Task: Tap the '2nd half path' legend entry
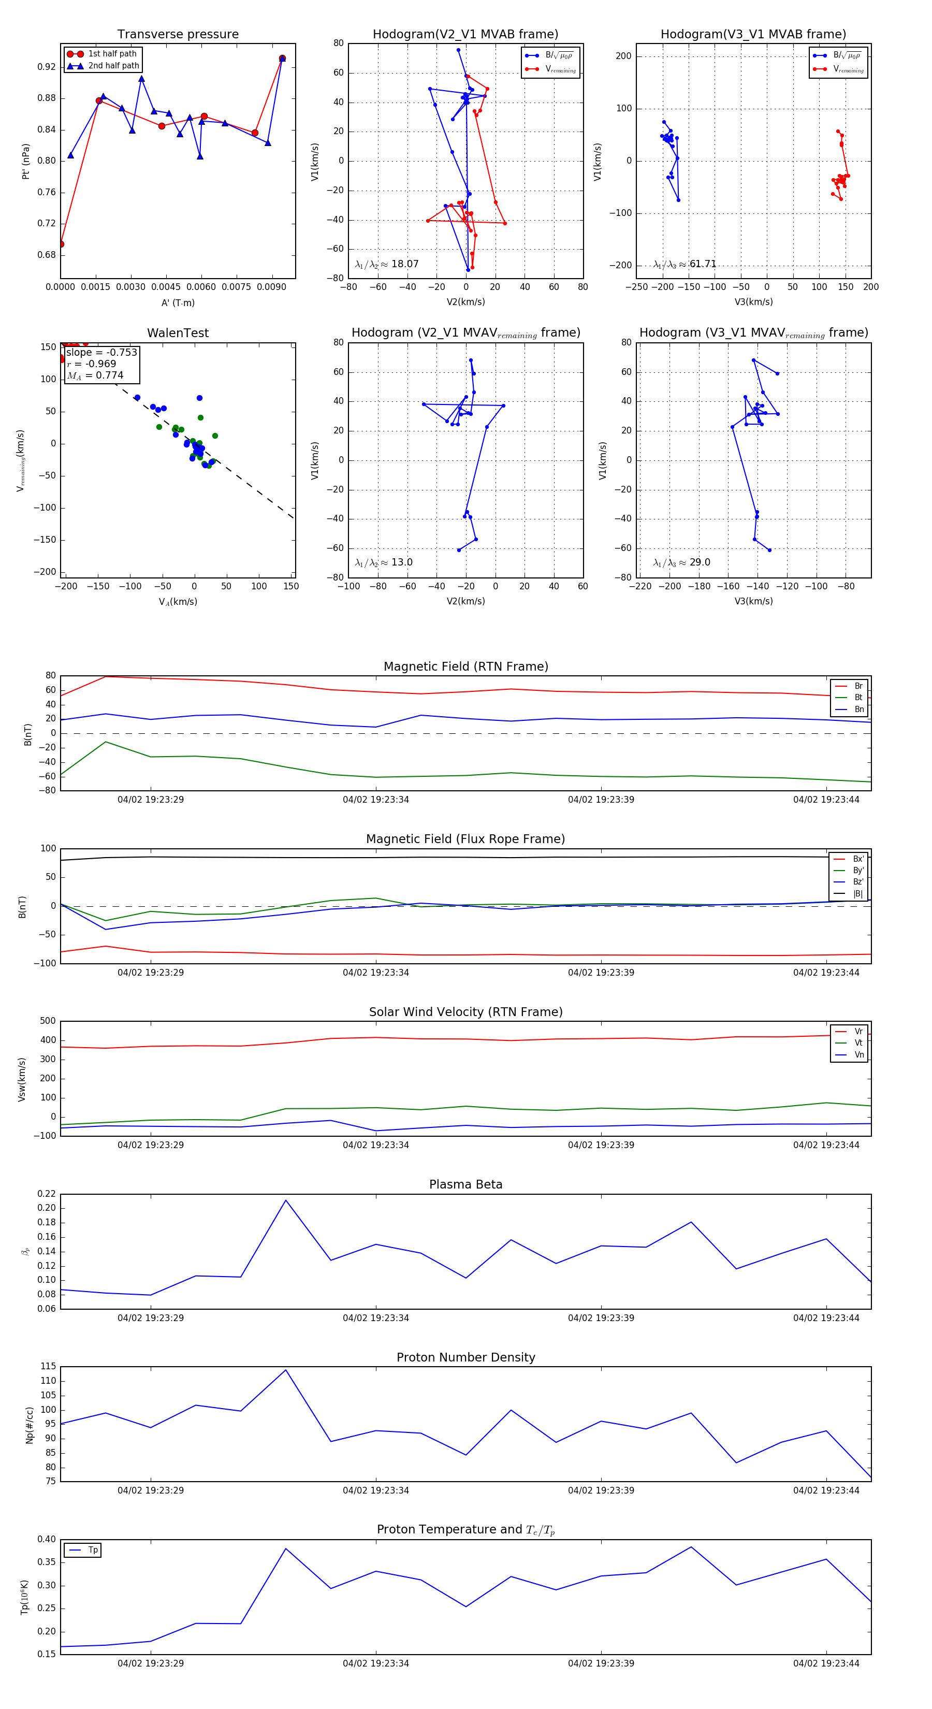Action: (x=113, y=66)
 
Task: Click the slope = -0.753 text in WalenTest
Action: (x=101, y=352)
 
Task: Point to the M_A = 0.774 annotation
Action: (x=95, y=375)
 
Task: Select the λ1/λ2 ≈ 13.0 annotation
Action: (x=383, y=562)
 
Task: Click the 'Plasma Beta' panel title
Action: (x=465, y=1184)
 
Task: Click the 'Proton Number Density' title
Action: (x=465, y=1357)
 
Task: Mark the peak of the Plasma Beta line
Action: (x=286, y=1200)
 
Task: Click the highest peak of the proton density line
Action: (x=286, y=1370)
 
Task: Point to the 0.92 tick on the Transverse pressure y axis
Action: (x=47, y=67)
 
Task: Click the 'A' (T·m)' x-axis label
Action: (x=178, y=302)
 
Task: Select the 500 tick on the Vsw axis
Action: (x=48, y=1021)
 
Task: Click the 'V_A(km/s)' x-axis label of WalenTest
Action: (x=178, y=602)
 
